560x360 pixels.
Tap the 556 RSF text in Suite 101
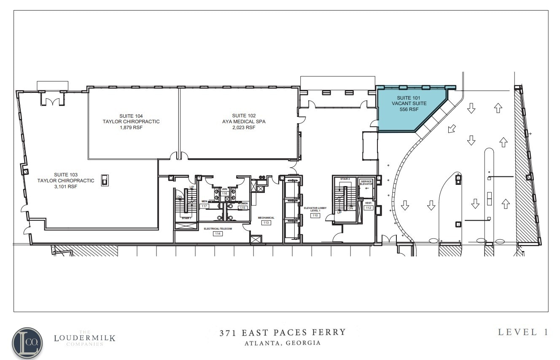[x=409, y=109]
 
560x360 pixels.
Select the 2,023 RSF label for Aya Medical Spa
[x=244, y=127]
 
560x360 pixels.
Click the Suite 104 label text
[x=131, y=116]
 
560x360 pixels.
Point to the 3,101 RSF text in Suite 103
[x=65, y=187]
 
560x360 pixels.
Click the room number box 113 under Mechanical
[x=266, y=222]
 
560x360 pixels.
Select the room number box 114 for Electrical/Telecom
[x=218, y=233]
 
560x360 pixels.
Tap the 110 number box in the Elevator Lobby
[x=315, y=215]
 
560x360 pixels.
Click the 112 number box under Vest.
[x=368, y=208]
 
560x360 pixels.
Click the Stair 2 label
[x=345, y=179]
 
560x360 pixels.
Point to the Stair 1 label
[x=186, y=218]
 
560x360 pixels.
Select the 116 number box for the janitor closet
[x=225, y=193]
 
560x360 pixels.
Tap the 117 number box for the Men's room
[x=205, y=206]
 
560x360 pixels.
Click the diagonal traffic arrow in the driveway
[x=452, y=128]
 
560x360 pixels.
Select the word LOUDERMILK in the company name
[x=84, y=338]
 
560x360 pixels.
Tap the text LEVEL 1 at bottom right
[x=523, y=332]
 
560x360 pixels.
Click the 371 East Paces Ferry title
[x=283, y=332]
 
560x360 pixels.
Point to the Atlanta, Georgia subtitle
[x=283, y=343]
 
